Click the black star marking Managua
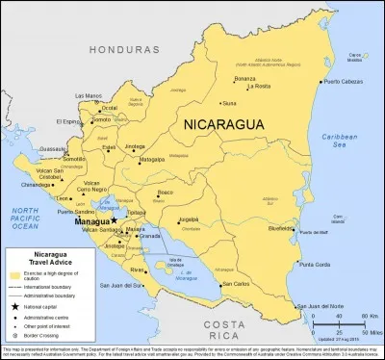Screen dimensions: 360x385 (x=114, y=219)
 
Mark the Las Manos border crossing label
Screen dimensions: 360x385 (x=89, y=95)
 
